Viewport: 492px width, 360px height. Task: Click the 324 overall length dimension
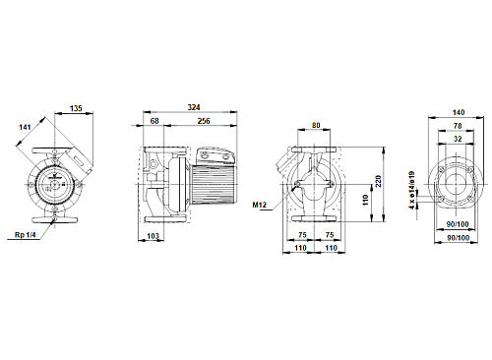click(194, 107)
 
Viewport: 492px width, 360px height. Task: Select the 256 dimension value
click(204, 121)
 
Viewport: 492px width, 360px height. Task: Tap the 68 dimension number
click(154, 121)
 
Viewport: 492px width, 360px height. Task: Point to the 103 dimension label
click(153, 236)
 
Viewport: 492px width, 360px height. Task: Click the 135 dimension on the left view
click(76, 108)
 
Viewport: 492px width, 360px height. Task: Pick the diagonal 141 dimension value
click(25, 127)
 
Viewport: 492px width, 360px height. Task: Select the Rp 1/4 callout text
click(25, 235)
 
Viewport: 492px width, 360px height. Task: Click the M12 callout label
click(260, 206)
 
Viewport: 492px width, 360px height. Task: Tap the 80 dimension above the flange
click(316, 125)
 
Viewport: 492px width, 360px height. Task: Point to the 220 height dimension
click(378, 182)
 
